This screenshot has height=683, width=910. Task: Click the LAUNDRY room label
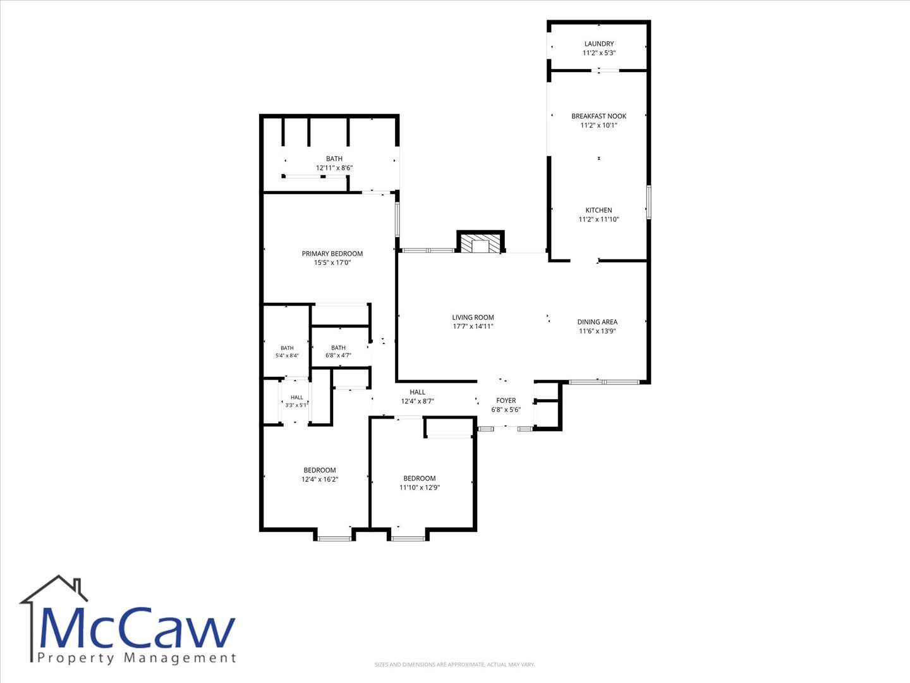(x=598, y=44)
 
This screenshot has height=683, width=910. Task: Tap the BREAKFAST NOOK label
(x=598, y=116)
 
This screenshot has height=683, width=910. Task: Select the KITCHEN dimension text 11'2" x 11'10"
(x=598, y=219)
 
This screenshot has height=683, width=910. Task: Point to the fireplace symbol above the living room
(x=480, y=242)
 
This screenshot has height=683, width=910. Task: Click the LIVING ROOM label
(x=473, y=317)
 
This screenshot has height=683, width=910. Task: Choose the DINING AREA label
(x=597, y=322)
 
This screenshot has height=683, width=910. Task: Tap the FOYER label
(x=506, y=400)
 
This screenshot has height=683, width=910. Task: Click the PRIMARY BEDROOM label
(x=332, y=254)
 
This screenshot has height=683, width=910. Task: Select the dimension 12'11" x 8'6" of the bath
(x=334, y=168)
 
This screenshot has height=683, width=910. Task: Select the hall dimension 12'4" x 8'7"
(x=417, y=401)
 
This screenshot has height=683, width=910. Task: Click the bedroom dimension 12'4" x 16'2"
(x=320, y=479)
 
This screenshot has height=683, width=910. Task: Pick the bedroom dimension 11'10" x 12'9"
(x=420, y=487)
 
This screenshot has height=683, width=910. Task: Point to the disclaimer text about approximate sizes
(x=454, y=664)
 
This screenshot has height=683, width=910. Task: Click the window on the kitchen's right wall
(x=649, y=202)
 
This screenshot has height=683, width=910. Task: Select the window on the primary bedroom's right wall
(x=397, y=219)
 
